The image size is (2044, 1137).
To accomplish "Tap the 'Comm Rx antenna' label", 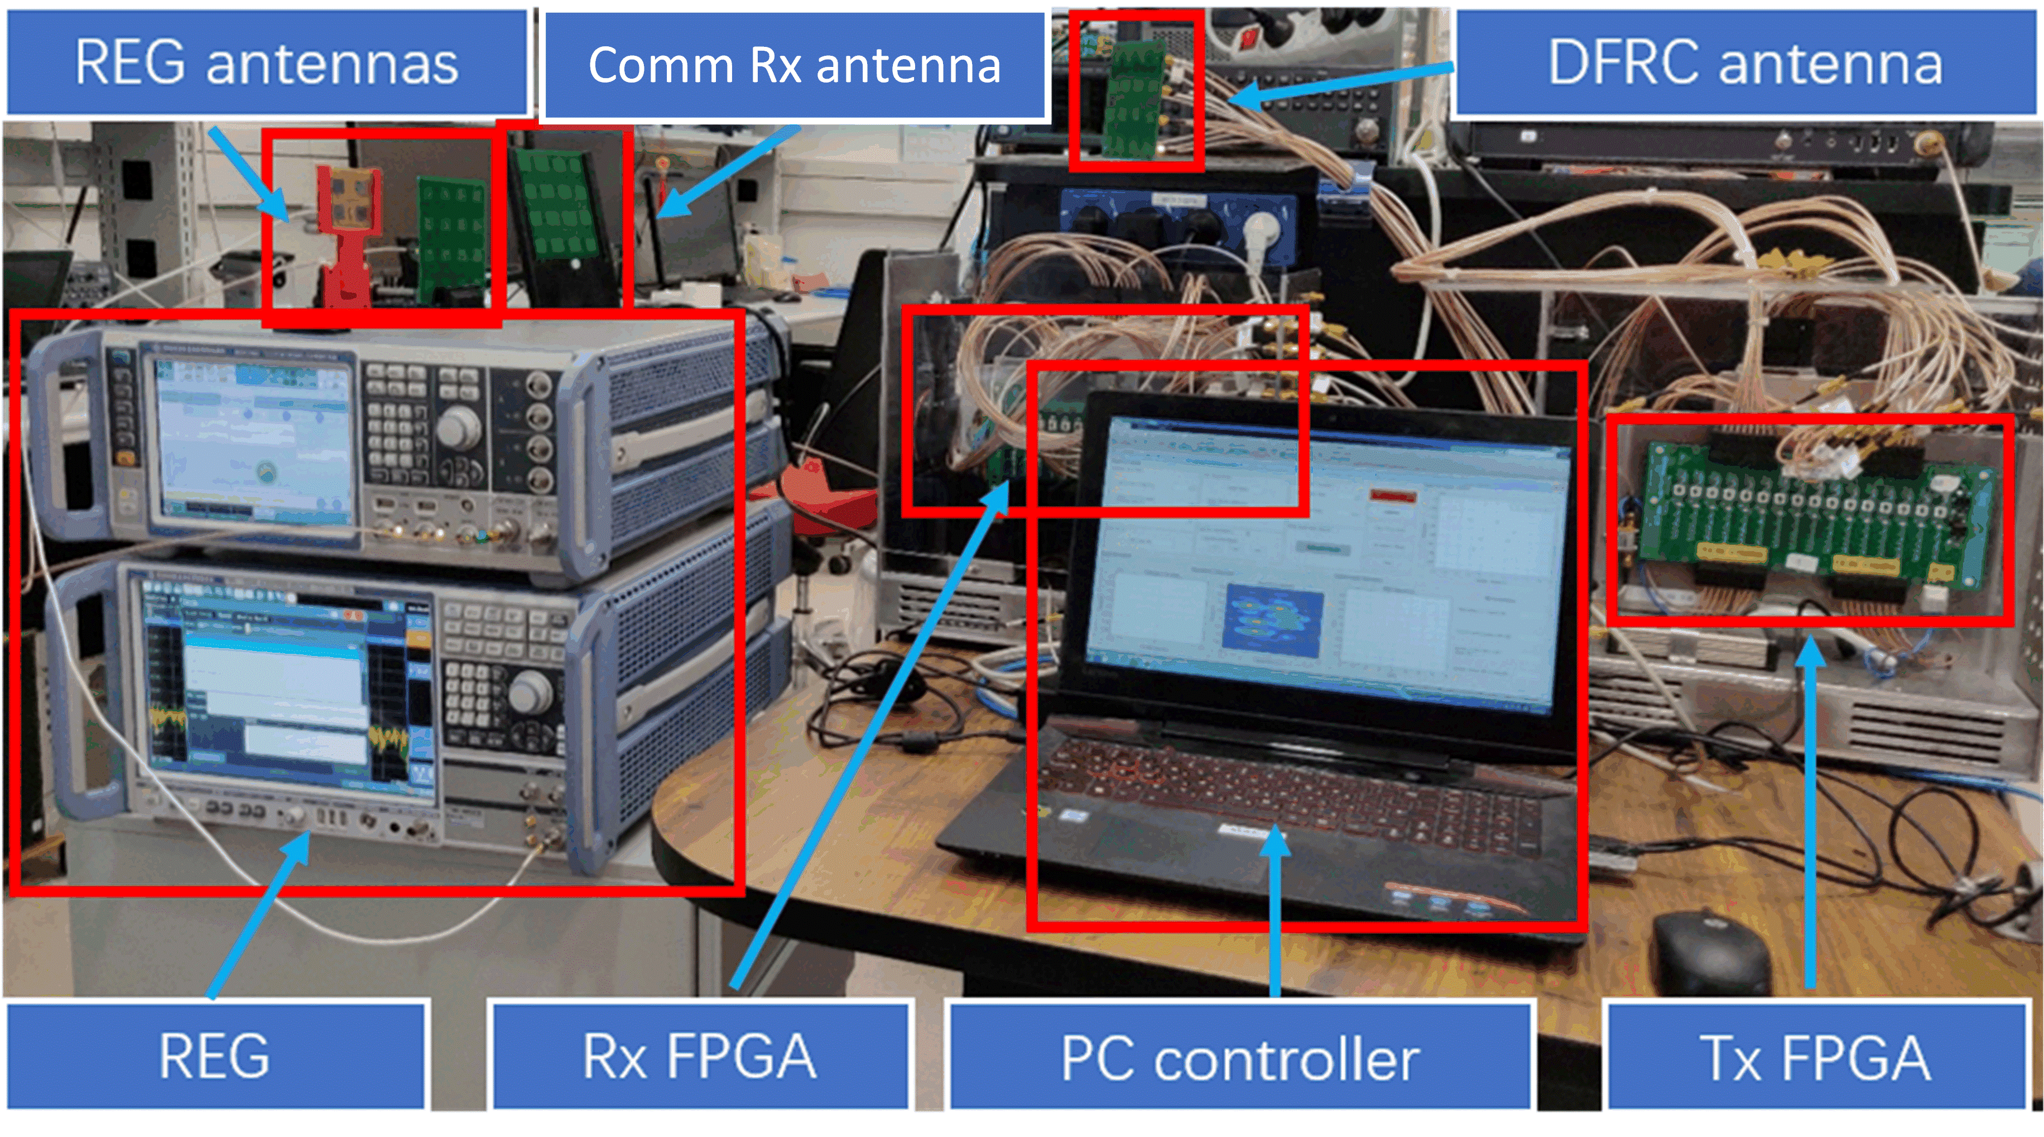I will click(x=794, y=65).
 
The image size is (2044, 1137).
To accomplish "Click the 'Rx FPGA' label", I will click(x=700, y=1056).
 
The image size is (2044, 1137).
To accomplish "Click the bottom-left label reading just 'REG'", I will click(x=215, y=1056).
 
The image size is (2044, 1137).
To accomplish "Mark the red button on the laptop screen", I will click(x=1393, y=496).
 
